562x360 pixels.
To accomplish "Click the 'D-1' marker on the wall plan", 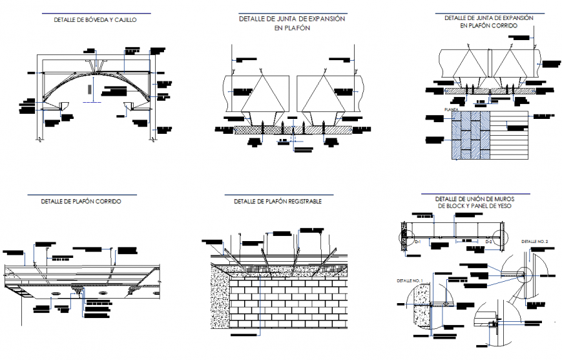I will pos(418,241).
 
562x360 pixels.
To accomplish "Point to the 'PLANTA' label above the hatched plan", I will pos(452,111).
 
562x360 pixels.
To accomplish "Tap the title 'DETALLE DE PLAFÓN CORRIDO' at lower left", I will pos(81,202).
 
